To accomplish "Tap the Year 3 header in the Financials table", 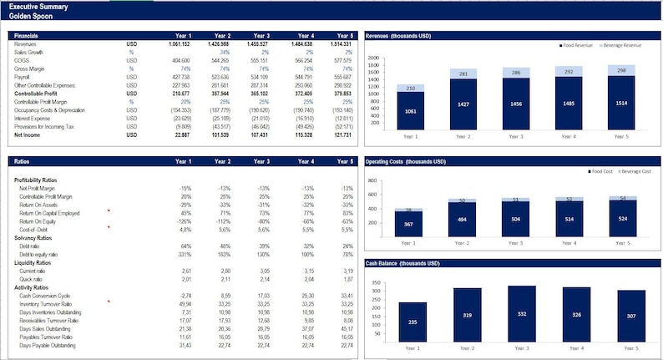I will tap(261, 36).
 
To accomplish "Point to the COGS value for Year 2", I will tap(221, 61).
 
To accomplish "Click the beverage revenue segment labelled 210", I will tap(409, 88).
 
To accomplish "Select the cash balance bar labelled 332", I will tap(522, 313).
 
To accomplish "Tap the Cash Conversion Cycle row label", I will tap(43, 296).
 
